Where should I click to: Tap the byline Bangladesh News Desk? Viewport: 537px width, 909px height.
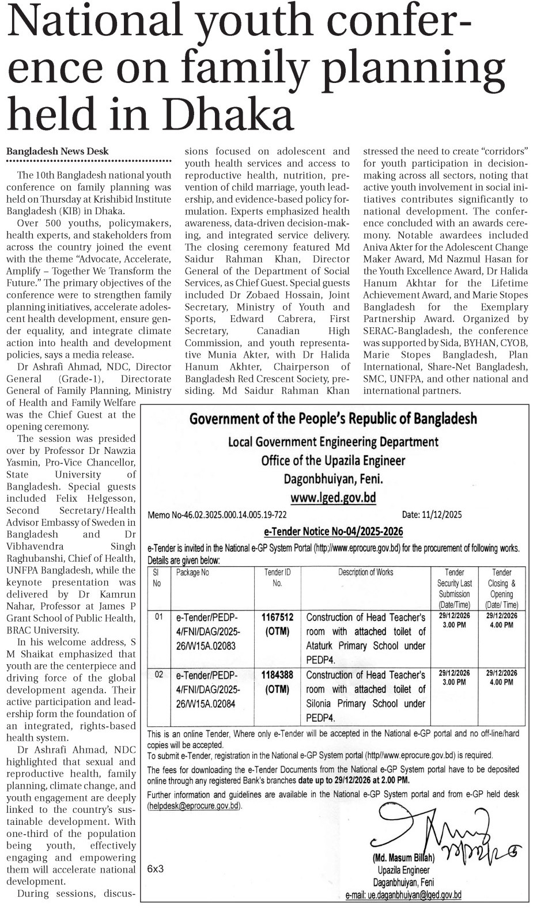57,151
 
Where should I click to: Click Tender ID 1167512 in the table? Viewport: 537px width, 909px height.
277,617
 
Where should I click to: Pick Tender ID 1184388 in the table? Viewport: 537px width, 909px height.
277,675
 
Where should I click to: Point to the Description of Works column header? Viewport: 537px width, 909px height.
365,572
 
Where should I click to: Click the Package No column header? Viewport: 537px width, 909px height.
192,573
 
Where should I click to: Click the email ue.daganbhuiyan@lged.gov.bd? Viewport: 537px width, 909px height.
403,895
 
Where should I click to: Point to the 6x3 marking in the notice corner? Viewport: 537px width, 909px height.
156,868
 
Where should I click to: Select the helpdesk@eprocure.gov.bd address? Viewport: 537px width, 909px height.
194,806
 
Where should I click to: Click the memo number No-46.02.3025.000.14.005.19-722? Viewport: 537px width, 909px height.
217,515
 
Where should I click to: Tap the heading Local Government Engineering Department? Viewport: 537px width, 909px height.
333,442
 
